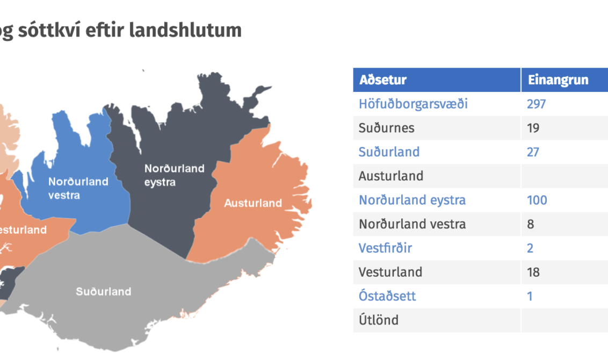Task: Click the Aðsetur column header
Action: point(383,80)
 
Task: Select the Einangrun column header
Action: point(558,80)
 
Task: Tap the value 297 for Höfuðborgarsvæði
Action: point(536,104)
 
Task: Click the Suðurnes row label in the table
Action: point(386,128)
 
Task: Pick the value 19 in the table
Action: point(533,128)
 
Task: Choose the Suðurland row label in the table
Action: point(389,152)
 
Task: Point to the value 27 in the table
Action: point(533,152)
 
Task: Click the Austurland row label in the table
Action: point(391,176)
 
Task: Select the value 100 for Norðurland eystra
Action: point(537,200)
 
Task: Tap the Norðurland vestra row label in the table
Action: point(412,224)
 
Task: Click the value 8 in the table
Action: point(531,224)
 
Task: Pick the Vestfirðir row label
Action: point(385,248)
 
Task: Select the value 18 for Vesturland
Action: point(533,272)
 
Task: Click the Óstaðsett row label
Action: point(387,297)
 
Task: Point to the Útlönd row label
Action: point(379,320)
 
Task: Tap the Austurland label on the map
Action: point(253,203)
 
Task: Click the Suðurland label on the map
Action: point(104,292)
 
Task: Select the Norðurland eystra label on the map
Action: point(175,175)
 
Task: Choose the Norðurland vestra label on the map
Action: point(78,188)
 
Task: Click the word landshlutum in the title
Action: point(185,30)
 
